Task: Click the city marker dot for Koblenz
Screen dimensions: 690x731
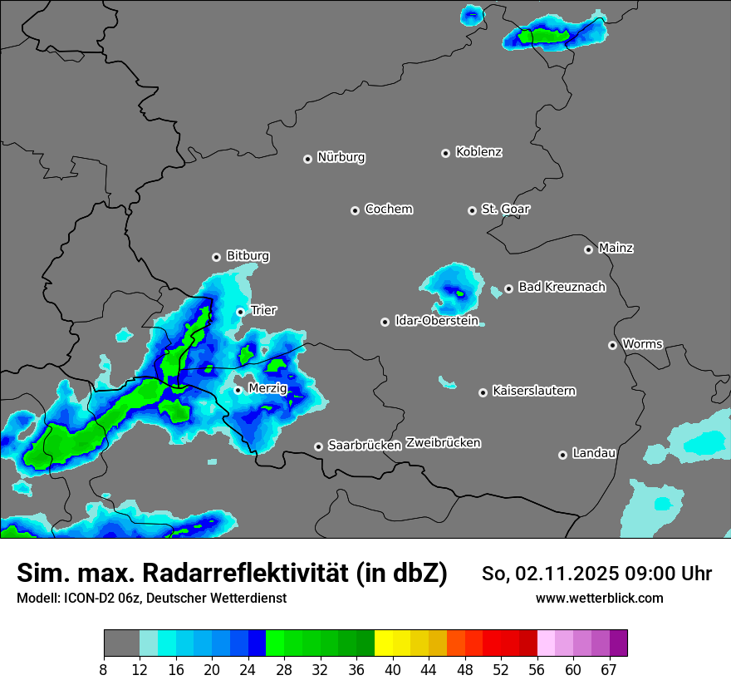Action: [445, 153]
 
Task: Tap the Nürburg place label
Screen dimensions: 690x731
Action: [341, 157]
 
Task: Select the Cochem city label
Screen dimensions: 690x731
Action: [389, 209]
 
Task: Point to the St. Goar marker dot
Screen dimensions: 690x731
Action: [472, 210]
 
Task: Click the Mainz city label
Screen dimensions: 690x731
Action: [616, 248]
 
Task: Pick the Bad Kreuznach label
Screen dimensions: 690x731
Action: [562, 287]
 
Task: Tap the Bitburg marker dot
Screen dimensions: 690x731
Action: [216, 257]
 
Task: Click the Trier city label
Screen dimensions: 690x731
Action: [263, 310]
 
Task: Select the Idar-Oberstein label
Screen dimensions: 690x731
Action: [437, 321]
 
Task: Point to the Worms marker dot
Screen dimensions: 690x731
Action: [612, 345]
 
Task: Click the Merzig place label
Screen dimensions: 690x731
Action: [267, 388]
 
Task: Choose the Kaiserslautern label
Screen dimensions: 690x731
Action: [534, 391]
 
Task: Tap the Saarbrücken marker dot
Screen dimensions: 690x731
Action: [318, 446]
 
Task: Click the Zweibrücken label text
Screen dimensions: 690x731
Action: [443, 442]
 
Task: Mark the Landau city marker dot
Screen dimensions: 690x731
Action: [562, 455]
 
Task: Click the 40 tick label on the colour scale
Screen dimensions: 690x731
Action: [393, 669]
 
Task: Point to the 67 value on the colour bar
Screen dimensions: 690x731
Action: [609, 669]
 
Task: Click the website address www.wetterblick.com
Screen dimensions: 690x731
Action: [599, 598]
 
